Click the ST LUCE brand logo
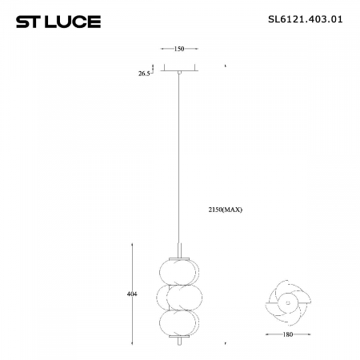(x=58, y=22)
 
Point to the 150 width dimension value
(x=179, y=49)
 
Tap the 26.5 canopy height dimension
(x=145, y=73)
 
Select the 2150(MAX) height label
(x=224, y=209)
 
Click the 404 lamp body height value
(x=132, y=294)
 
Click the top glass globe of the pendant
(x=179, y=269)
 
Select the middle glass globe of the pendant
(x=179, y=297)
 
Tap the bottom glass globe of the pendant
(x=179, y=323)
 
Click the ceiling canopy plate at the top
(x=180, y=68)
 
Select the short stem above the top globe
(x=179, y=248)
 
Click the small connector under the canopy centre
(x=180, y=73)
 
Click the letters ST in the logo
(x=29, y=22)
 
